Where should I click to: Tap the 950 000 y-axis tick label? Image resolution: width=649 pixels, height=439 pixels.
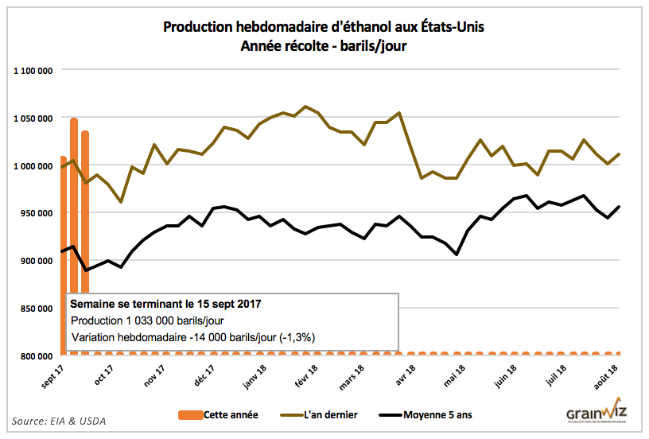tap(35, 213)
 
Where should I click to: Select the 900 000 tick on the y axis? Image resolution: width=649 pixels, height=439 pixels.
tap(35, 261)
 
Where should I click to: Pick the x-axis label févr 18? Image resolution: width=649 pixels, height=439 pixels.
tap(305, 375)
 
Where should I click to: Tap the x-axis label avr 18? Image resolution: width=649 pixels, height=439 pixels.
tap(405, 374)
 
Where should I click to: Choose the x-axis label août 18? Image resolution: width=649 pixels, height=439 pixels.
tap(608, 375)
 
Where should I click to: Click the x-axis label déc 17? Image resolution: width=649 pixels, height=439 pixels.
tap(203, 374)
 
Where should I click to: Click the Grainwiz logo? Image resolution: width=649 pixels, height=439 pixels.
tap(597, 414)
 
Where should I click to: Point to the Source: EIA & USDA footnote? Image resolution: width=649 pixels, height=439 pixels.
tap(59, 420)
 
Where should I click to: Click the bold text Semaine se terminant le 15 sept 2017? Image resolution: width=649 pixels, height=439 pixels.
tap(165, 304)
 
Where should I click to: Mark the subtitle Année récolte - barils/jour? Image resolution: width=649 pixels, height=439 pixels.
tap(324, 46)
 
